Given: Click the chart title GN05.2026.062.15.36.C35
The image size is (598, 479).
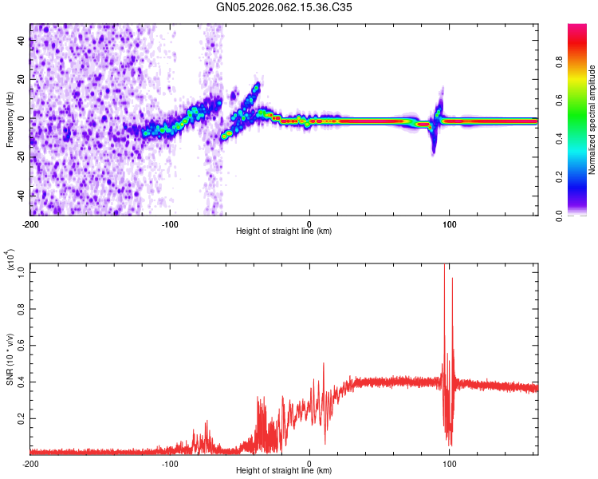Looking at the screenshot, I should [x=284, y=7].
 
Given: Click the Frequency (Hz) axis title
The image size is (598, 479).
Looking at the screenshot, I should [x=10, y=120].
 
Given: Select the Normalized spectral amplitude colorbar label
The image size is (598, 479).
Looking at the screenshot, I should [x=592, y=120].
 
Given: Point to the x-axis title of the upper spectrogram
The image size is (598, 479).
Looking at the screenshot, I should [x=284, y=231].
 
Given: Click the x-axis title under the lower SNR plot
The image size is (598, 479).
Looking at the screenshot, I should [x=284, y=471].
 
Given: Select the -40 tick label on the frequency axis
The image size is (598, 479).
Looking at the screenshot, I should [x=20, y=196].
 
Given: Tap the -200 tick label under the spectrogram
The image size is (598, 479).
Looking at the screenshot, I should [x=30, y=224].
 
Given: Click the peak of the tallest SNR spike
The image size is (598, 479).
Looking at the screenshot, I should [x=444, y=266].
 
